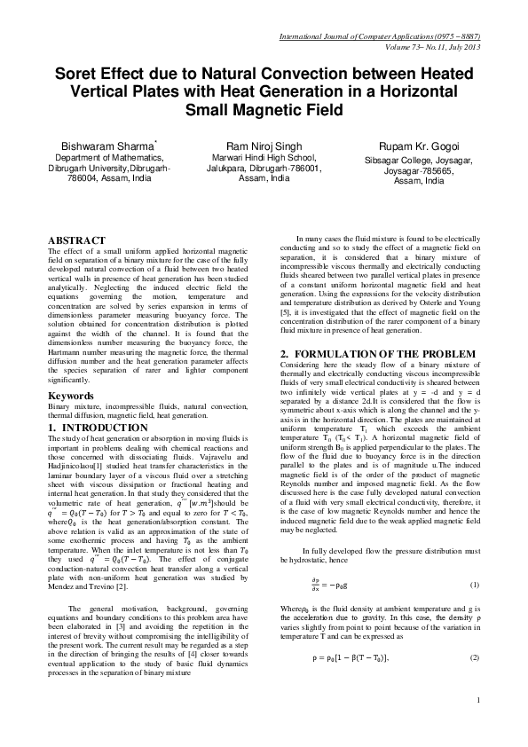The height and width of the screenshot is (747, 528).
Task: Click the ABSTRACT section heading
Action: tap(76, 240)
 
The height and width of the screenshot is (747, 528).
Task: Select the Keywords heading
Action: tap(71, 395)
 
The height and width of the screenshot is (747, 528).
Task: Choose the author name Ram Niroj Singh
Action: tap(264, 145)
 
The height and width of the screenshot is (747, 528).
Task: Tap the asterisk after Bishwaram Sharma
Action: tap(155, 140)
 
